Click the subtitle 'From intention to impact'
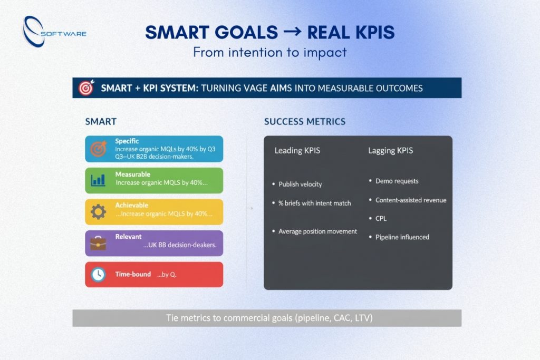coord(269,52)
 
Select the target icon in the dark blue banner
coord(85,88)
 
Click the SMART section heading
coord(101,122)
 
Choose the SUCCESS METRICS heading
coord(304,122)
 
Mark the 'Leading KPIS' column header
coord(297,151)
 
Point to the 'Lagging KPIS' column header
coord(390,151)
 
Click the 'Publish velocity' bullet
coord(300,184)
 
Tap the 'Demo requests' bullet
coord(397,181)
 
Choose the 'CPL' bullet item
coord(381,218)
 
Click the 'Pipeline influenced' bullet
coord(402,237)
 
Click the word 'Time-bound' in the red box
coord(133,275)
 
